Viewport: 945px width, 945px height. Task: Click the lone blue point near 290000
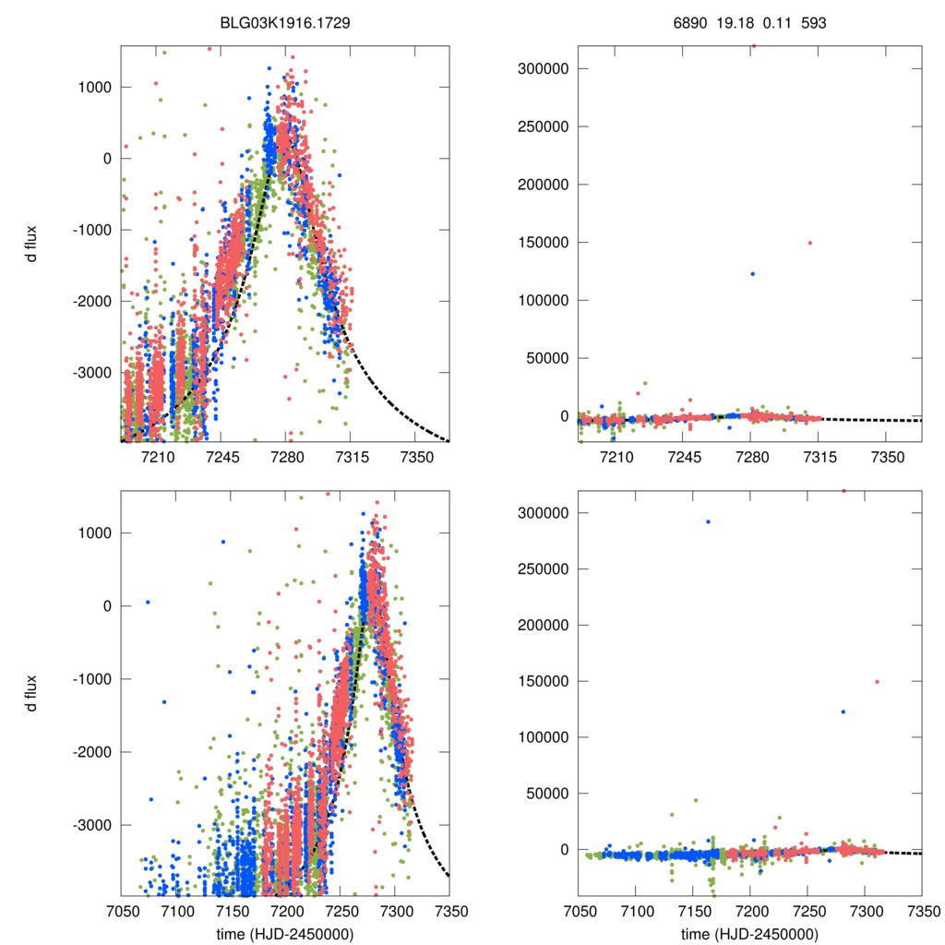(708, 521)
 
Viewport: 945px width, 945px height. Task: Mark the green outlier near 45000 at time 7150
(696, 800)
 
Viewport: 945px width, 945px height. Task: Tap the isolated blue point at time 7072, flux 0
(148, 603)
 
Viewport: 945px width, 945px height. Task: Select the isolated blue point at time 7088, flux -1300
(164, 702)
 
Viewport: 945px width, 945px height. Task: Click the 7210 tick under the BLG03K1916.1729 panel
(158, 457)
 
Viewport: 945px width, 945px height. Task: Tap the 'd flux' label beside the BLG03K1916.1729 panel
(32, 243)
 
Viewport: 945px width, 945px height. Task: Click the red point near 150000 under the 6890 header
(809, 243)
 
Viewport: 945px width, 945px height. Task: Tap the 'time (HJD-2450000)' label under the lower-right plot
(750, 933)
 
